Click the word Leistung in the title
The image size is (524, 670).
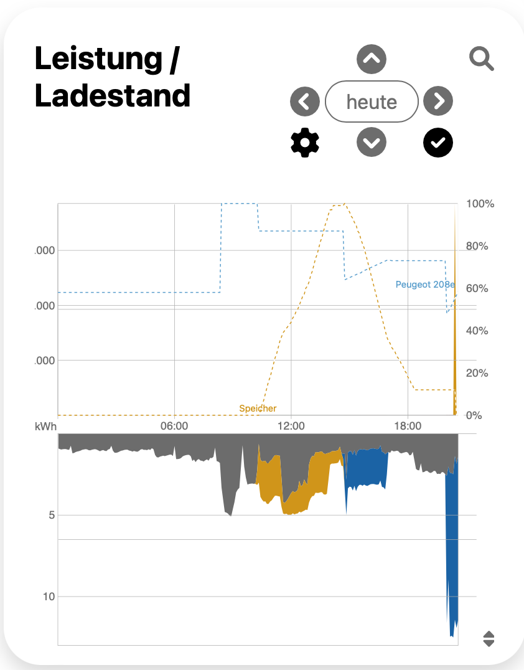point(98,60)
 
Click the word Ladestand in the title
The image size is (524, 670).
point(113,97)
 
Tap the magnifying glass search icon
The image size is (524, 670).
point(481,60)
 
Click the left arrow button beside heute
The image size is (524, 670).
point(305,101)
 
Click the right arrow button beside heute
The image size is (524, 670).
point(438,101)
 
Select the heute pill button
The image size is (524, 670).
point(372,101)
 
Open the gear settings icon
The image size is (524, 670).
point(305,143)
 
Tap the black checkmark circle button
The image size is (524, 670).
point(438,143)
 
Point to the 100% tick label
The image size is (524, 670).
point(480,204)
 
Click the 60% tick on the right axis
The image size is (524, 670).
point(477,289)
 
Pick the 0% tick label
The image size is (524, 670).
point(474,415)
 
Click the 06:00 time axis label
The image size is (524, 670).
point(174,427)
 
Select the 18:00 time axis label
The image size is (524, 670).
point(408,427)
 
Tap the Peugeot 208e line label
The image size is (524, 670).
point(425,285)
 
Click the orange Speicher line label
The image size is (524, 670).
point(258,408)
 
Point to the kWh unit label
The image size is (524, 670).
point(46,427)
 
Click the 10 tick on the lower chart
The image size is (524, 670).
point(48,597)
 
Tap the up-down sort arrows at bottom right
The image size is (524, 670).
point(489,639)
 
